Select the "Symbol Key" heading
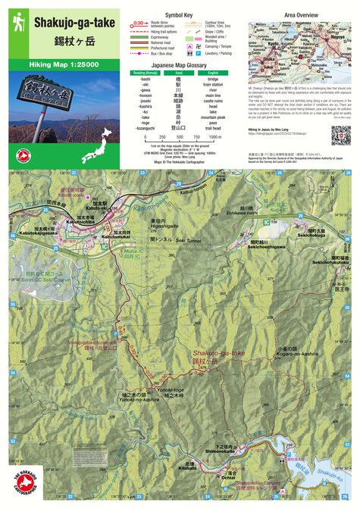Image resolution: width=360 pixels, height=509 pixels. (179, 14)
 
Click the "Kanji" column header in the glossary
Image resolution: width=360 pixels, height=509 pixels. (180, 73)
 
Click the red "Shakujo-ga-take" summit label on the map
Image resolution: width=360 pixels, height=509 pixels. (218, 354)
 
